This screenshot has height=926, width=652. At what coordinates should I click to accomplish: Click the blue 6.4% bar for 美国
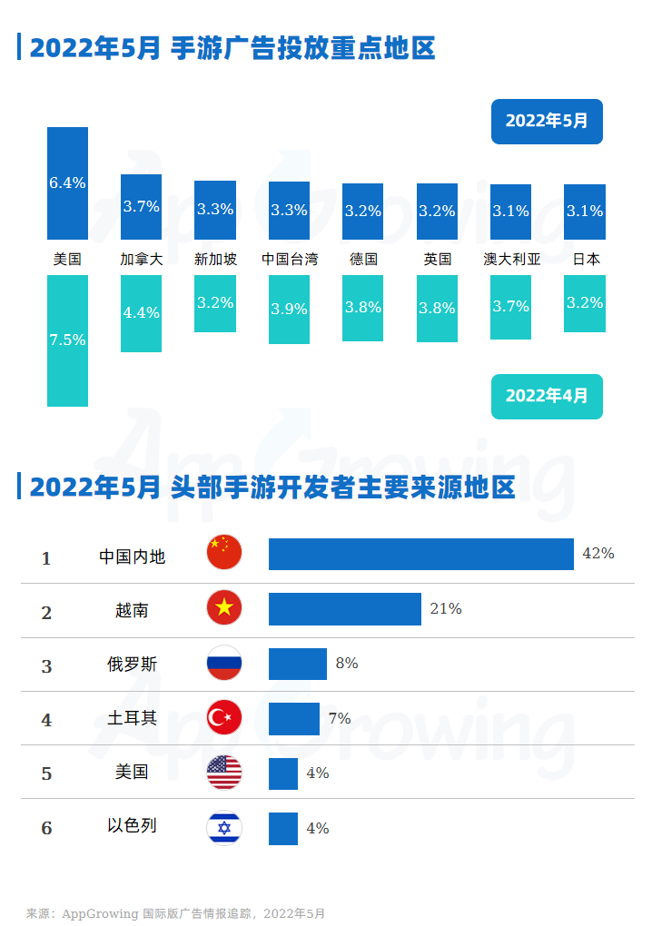[x=67, y=182]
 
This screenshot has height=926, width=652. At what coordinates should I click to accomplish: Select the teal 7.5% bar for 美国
[x=67, y=340]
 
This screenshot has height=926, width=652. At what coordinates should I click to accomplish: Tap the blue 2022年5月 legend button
[x=547, y=121]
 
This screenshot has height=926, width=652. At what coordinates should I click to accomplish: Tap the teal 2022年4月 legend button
[x=547, y=396]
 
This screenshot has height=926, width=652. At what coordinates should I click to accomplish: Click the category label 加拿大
[x=141, y=259]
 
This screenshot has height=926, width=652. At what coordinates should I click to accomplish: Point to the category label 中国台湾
[x=290, y=259]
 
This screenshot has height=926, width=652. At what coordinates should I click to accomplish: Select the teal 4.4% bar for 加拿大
[x=141, y=313]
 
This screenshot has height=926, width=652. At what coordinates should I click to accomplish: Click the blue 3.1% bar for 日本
[x=585, y=212]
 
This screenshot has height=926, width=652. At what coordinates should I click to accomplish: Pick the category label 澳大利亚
[x=511, y=259]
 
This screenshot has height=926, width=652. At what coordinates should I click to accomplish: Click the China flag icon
[x=224, y=552]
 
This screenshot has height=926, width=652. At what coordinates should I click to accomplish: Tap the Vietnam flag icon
[x=224, y=608]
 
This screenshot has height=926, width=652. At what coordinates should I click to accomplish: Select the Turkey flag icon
[x=224, y=718]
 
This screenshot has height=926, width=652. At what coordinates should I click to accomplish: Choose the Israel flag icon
[x=224, y=827]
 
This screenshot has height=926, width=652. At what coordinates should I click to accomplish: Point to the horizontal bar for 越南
[x=344, y=609]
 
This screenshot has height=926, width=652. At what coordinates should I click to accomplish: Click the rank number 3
[x=46, y=666]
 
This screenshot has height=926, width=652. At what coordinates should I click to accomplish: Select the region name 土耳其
[x=132, y=718]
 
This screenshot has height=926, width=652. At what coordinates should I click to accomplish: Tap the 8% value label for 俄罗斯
[x=346, y=664]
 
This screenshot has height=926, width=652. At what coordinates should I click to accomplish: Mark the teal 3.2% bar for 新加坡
[x=215, y=303]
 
